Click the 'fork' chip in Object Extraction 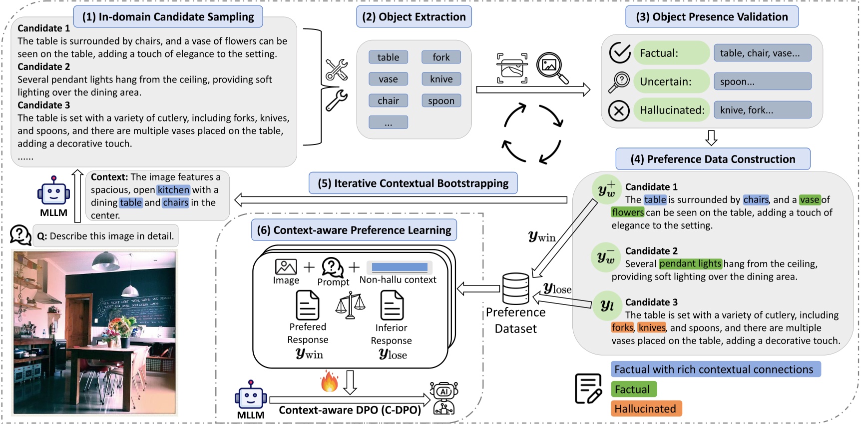point(441,57)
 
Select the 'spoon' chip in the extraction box point(441,100)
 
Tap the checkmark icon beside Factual point(620,52)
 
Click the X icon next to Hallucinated point(619,110)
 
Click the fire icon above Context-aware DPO point(329,381)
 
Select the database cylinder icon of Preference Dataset point(515,288)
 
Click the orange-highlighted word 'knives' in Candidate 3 point(652,327)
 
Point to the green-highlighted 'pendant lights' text point(690,263)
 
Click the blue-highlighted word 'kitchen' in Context point(173,190)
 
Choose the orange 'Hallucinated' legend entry point(645,408)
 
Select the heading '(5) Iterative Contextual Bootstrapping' point(413,183)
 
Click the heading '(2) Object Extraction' point(414,17)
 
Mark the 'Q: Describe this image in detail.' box point(105,236)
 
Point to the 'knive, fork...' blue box point(762,110)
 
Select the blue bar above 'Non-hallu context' point(400,267)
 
